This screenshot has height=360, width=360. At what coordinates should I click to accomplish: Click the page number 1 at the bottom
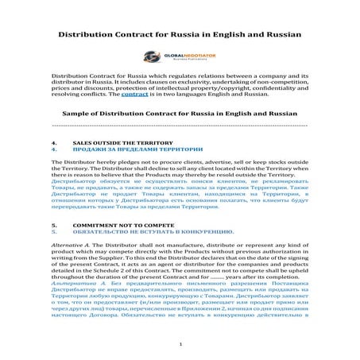click(180, 344)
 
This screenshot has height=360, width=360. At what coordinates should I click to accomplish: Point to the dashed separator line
click(180, 126)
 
